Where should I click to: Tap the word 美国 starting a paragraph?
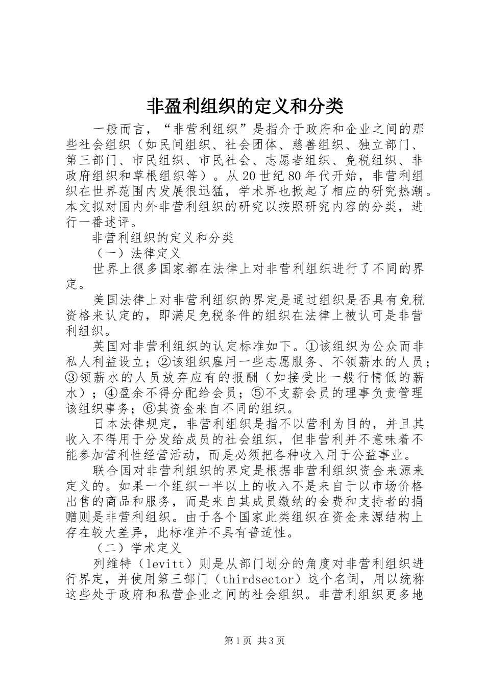(106, 300)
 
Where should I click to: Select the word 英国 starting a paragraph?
(106, 347)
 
